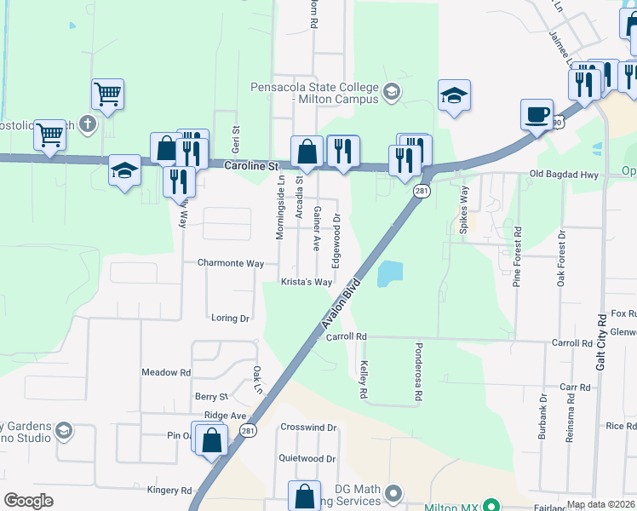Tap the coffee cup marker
[537, 114]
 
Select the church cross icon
[87, 123]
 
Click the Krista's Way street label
[307, 282]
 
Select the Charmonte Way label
[231, 263]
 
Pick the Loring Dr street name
[230, 318]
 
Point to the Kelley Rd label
[364, 379]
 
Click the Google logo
[29, 500]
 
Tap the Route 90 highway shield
[556, 123]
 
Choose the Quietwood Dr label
[307, 458]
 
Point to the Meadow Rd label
[166, 372]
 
